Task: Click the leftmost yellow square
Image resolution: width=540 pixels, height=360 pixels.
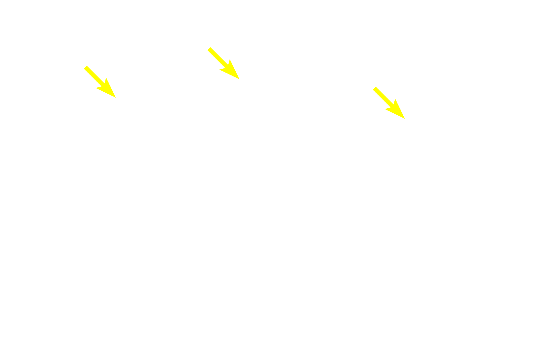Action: coord(100,82)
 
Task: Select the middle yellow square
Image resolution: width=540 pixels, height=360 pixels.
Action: coord(223,63)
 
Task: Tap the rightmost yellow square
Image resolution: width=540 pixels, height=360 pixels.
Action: coord(388,103)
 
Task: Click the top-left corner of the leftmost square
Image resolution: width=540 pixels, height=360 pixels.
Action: coord(84,65)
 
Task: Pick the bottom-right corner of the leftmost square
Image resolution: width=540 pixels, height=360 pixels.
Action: coord(116,98)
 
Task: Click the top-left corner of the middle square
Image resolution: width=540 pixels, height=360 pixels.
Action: coord(207,47)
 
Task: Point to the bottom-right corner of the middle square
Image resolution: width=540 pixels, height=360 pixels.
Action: coord(240,80)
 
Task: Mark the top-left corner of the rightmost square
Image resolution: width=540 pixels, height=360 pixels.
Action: coord(372,86)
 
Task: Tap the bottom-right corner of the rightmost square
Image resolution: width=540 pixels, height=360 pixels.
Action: coord(405,119)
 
